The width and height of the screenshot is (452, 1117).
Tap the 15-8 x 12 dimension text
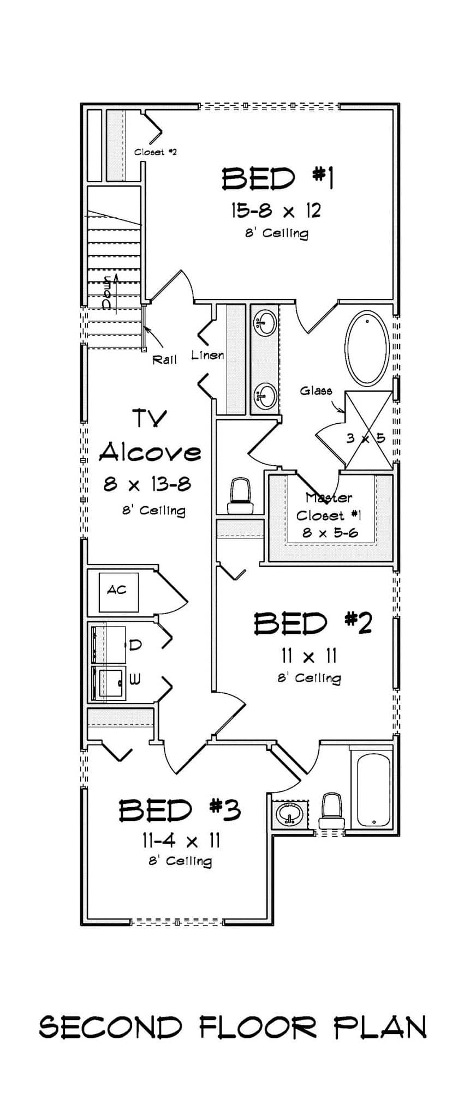pos(276,210)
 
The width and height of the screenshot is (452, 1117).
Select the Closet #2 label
pos(156,152)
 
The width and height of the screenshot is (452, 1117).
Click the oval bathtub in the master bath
pos(367,349)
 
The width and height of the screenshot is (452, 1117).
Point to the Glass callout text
pos(316,391)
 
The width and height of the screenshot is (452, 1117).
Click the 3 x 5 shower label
pos(366,438)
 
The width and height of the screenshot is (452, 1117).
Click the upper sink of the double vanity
pos(266,321)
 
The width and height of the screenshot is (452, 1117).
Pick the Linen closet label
pos(207,356)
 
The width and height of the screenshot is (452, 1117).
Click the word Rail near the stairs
pos(164,359)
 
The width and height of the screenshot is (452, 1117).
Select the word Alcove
pos(150,452)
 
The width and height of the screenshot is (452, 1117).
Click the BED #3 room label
pos(180,810)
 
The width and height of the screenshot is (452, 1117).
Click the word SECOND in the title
pos(111,1028)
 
